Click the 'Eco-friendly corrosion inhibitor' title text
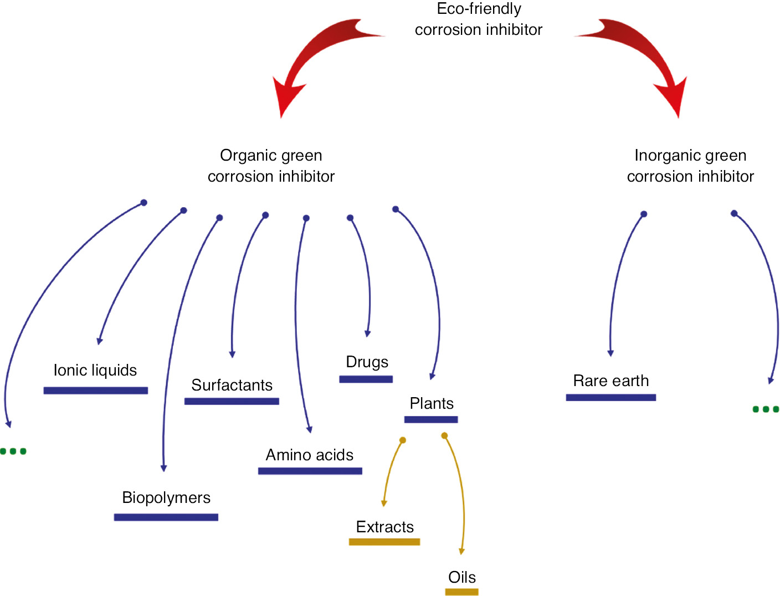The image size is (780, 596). tap(479, 19)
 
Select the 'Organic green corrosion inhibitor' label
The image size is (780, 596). tap(271, 166)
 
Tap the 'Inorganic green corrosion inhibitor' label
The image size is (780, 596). tap(690, 166)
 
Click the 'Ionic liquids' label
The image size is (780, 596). tap(95, 370)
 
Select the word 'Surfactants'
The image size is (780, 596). tap(232, 385)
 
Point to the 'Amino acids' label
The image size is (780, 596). tap(310, 455)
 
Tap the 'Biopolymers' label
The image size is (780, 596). tap(166, 497)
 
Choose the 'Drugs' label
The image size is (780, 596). tap(367, 362)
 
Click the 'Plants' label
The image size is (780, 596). tap(432, 403)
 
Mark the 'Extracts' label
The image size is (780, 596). tap(385, 527)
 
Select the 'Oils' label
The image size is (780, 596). tap(462, 577)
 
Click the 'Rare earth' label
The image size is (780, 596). tap(611, 381)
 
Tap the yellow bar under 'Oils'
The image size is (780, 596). tap(461, 592)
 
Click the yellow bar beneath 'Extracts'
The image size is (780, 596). tap(384, 542)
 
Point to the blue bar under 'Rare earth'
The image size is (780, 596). tap(611, 397)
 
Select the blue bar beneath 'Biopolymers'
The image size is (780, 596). tap(166, 517)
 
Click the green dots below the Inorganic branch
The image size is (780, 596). tap(766, 409)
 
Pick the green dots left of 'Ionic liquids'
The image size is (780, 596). tap(13, 451)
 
